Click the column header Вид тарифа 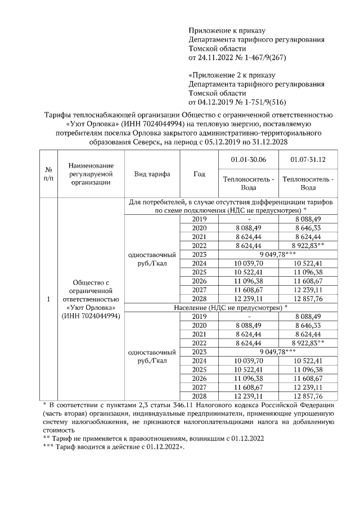[152, 174]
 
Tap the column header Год [199, 174]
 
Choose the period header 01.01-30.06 [248, 160]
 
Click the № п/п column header [48, 174]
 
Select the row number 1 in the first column [48, 299]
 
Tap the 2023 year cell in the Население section [200, 352]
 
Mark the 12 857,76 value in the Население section [308, 396]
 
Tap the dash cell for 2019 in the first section [248, 219]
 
